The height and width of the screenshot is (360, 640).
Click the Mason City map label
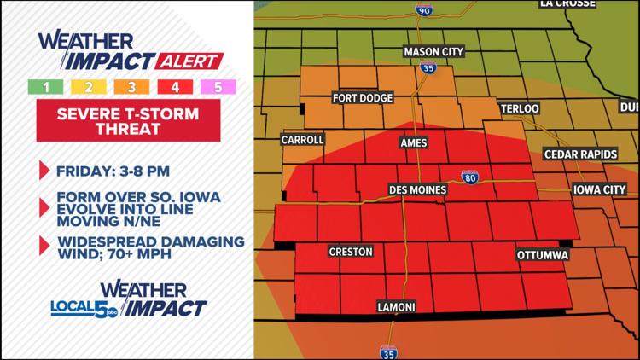pos(433,51)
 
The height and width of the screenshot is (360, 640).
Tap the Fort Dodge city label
pos(363,98)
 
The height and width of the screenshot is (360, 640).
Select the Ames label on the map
pos(414,143)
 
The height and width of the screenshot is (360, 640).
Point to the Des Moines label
pos(415,188)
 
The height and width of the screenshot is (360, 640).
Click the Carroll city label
pos(303,139)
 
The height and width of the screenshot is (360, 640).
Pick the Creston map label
pos(351,252)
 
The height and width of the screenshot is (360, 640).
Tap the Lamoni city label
pos(398,305)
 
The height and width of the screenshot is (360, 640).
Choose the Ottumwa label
pos(543,255)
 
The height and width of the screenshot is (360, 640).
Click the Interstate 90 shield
pos(423,10)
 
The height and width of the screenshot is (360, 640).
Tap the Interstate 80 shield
pos(470,177)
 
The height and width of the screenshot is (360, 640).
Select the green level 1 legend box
pos(40,86)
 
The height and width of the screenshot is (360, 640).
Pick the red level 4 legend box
pos(175,86)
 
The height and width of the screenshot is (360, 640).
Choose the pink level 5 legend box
pos(219,86)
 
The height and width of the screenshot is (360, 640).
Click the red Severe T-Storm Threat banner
pos(128,120)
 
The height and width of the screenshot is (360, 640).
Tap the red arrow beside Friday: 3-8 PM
pos(44,170)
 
